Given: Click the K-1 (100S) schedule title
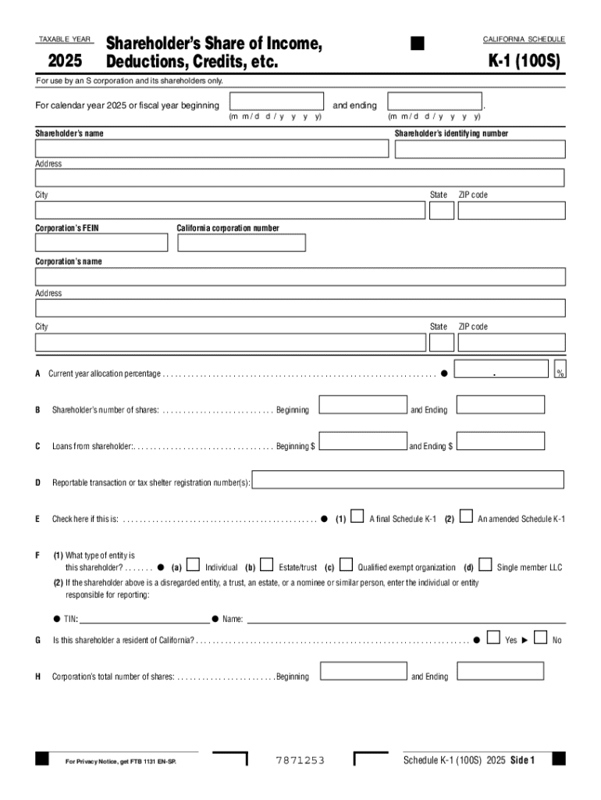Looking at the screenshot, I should click(524, 61).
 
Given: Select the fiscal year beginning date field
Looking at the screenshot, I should click(277, 102).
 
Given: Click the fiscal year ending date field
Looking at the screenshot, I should click(435, 102).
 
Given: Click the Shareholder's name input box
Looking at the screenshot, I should click(212, 149).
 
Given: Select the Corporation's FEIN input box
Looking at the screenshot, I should click(101, 242).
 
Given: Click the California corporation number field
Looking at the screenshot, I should click(242, 242).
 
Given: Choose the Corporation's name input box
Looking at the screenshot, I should click(300, 277).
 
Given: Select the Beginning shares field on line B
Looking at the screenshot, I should click(363, 405).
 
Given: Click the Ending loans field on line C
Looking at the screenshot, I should click(500, 441).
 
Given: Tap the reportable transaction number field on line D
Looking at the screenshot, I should click(407, 479).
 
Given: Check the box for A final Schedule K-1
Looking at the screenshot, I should click(357, 516).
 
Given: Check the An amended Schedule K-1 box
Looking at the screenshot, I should click(466, 516).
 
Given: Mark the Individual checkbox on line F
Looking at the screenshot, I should click(193, 564).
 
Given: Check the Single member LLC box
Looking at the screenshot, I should click(485, 564).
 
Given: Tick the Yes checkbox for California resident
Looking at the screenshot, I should click(493, 637).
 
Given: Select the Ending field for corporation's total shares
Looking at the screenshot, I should click(500, 671).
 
